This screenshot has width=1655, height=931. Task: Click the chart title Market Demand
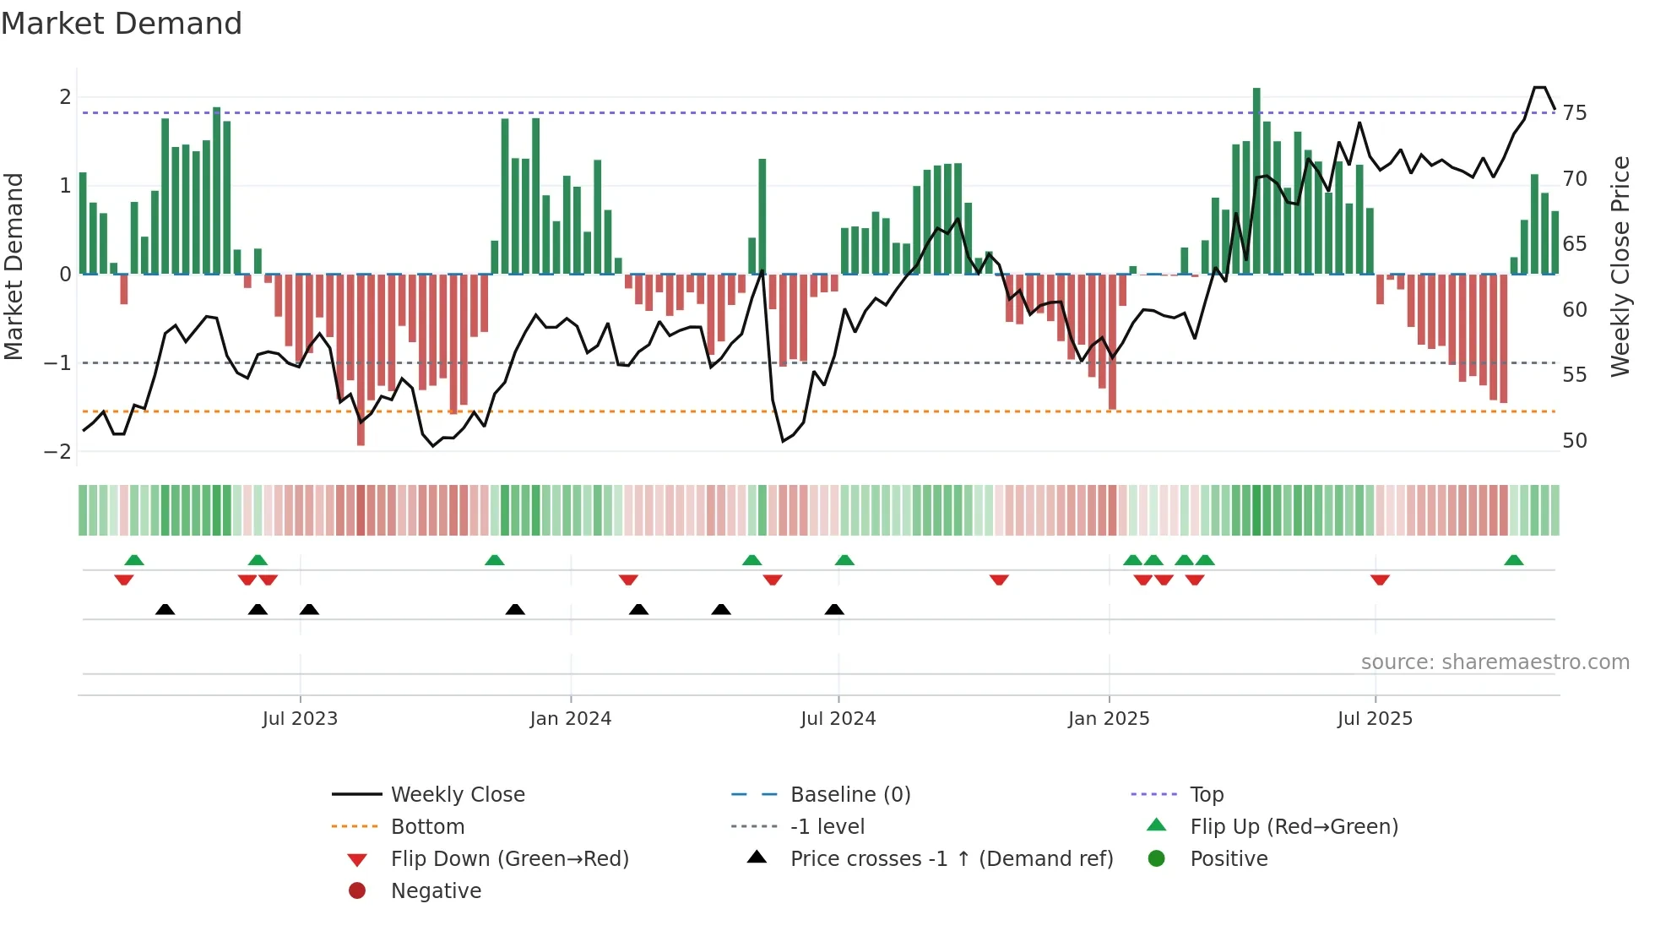(122, 24)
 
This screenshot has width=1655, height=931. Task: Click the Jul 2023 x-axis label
(300, 719)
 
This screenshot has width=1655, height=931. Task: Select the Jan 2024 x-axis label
(570, 719)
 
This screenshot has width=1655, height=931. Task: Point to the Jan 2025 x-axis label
(1108, 719)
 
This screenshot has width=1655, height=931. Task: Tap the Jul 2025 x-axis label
(1375, 719)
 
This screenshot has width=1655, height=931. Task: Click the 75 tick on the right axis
(1574, 113)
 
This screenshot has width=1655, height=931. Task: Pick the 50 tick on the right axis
(1574, 441)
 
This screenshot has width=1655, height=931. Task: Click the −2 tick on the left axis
(58, 452)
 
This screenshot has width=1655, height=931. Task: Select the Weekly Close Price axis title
(1620, 266)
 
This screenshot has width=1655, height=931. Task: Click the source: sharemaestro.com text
(1495, 662)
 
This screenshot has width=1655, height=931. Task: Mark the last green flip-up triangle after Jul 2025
(1514, 560)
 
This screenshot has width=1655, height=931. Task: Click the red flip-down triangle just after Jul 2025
(1381, 580)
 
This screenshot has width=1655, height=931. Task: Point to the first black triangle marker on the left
(165, 609)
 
